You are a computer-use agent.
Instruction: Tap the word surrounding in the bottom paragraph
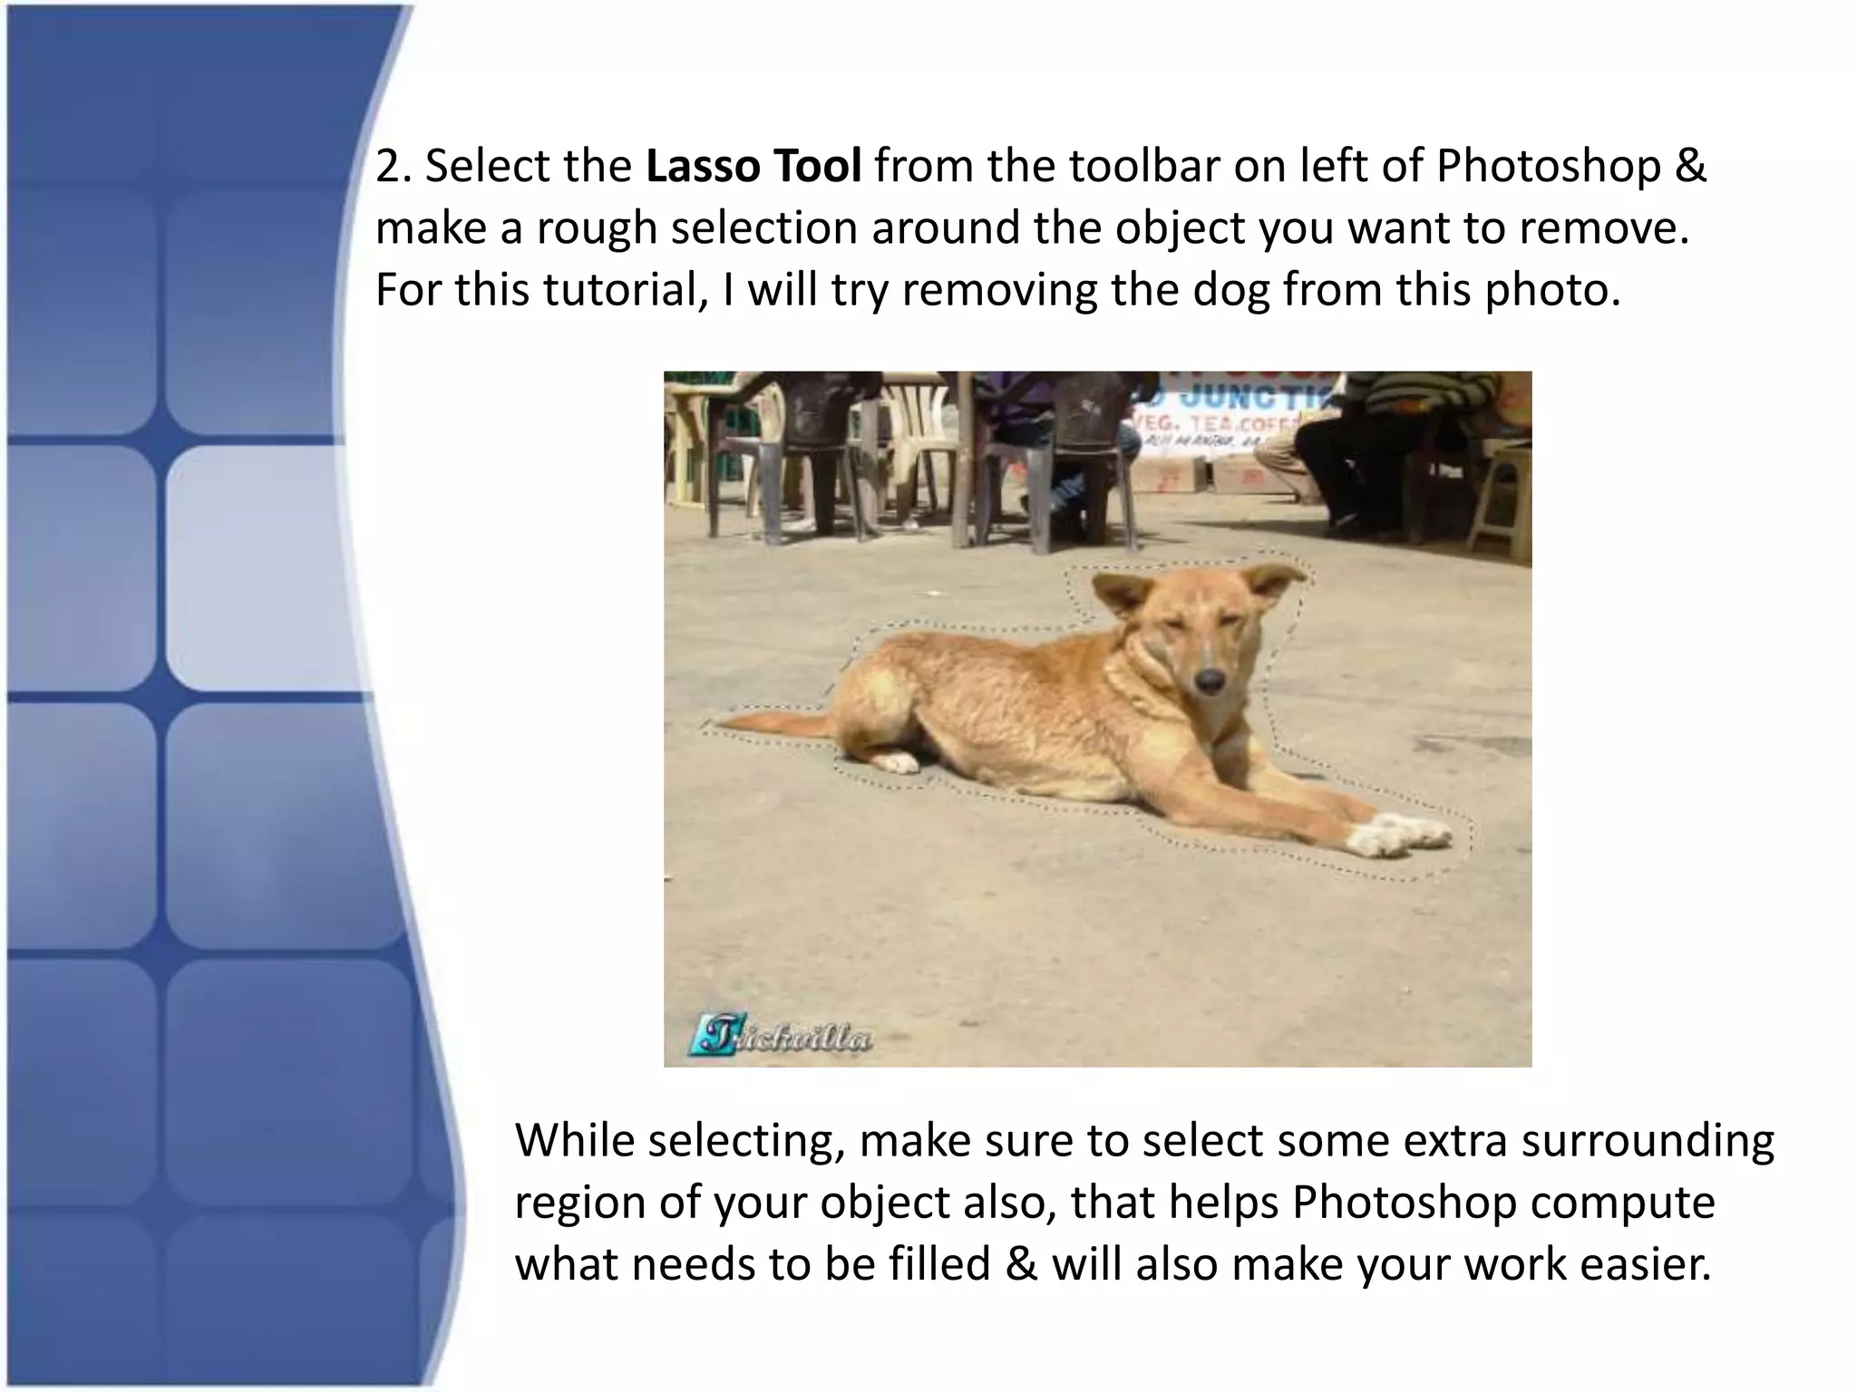1648,1140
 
